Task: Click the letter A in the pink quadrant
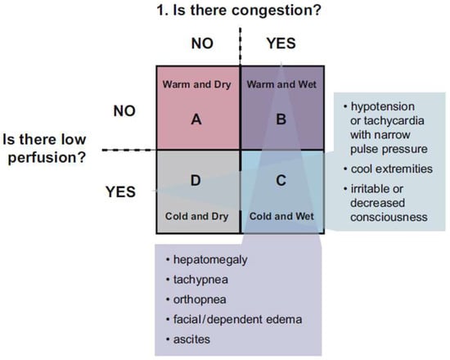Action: point(196,119)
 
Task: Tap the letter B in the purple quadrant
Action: point(281,119)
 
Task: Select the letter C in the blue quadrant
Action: point(281,181)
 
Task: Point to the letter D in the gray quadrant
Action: point(196,181)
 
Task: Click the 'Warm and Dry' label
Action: point(197,85)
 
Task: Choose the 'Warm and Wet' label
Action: point(281,84)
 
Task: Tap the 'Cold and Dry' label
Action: point(197,217)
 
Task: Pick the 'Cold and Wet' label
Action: point(281,216)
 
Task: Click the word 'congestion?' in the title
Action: point(276,11)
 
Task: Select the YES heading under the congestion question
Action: point(281,43)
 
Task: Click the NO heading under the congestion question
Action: point(202,43)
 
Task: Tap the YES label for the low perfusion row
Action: point(120,191)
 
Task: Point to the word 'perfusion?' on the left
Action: point(47,158)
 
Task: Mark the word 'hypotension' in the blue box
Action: point(383,107)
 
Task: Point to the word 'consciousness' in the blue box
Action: point(389,218)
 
